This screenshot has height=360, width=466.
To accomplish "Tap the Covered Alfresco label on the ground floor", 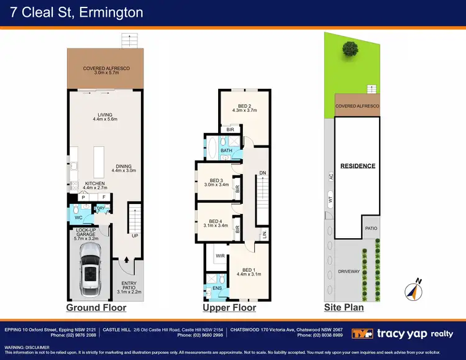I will coord(107,68).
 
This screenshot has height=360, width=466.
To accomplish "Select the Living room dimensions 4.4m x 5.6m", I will coord(104,119).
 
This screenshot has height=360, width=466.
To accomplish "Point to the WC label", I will coord(78,218).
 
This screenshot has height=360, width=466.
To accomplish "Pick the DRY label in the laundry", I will coord(101,208).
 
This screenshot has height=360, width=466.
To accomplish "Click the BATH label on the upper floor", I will coord(226,150).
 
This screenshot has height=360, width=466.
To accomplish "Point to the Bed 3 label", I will coord(216,180).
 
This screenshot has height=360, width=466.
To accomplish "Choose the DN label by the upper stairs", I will coord(262,173).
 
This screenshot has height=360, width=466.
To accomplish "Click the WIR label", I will coord(219,255).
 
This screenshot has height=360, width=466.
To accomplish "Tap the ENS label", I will coord(217,288).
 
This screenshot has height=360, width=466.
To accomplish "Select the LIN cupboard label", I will coord(263,234).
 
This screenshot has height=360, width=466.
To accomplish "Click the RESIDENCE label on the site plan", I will coord(358,166).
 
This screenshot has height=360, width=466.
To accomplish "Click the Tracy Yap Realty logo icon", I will coord(362,334).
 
